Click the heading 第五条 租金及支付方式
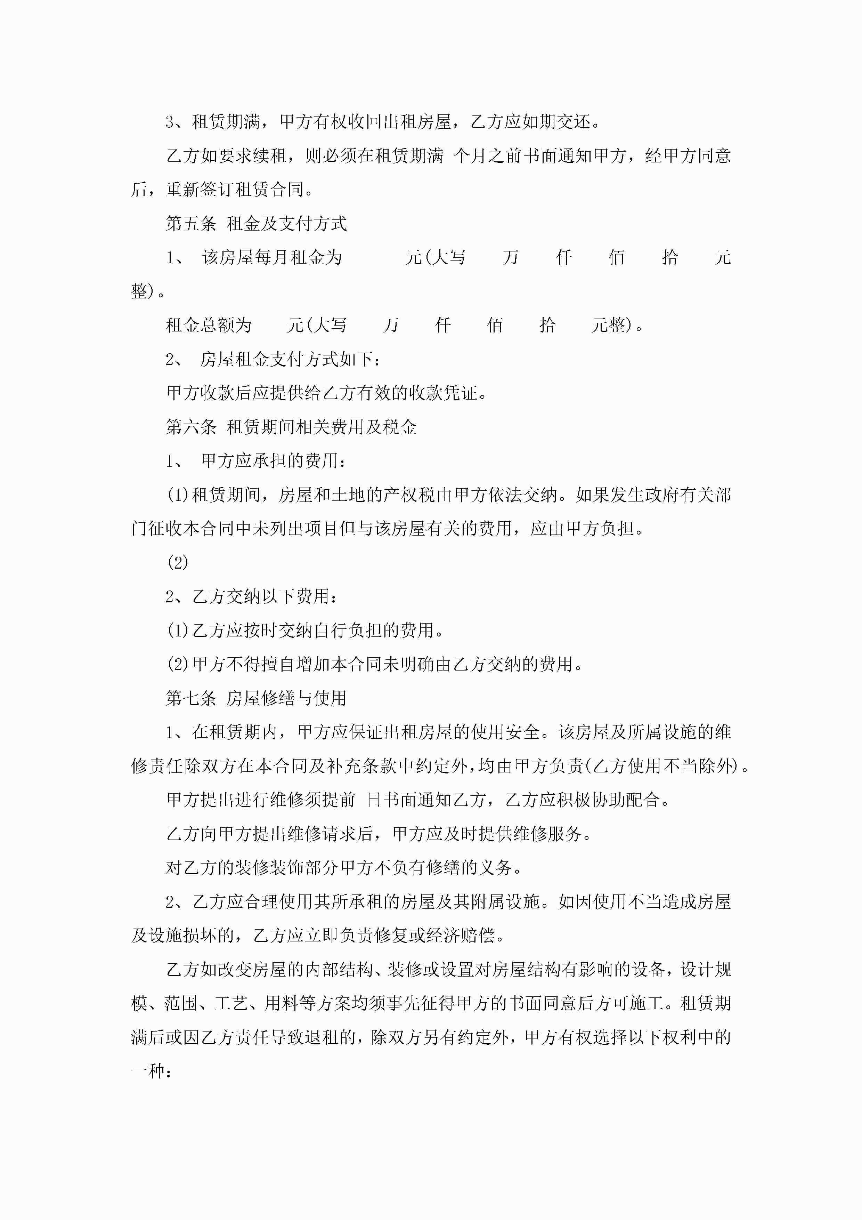point(256,224)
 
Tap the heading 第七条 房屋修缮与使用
point(256,698)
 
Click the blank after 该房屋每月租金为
point(373,258)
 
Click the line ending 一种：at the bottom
point(151,1071)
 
